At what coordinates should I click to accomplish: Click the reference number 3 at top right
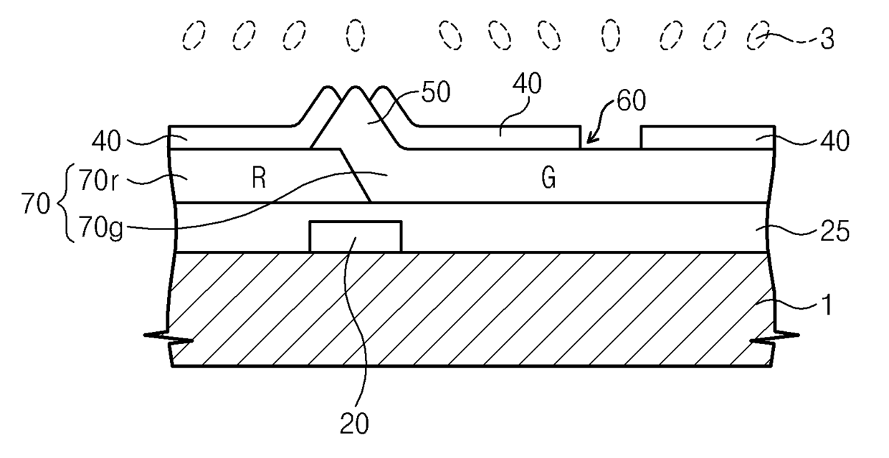click(827, 39)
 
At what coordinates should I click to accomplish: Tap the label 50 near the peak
click(436, 92)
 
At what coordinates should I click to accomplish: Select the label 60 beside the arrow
click(632, 101)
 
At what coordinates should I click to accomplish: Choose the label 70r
click(98, 181)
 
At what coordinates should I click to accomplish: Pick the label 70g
click(101, 228)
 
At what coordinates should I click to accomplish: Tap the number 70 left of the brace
click(36, 204)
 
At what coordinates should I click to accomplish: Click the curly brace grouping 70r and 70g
click(67, 203)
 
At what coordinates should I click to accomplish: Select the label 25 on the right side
click(835, 232)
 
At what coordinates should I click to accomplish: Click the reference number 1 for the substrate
click(827, 305)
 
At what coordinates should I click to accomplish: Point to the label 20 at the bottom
click(354, 424)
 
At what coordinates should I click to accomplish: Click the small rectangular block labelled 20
click(356, 237)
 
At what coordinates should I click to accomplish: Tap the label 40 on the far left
click(106, 141)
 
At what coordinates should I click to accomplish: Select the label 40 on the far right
click(835, 141)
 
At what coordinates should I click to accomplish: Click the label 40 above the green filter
click(527, 84)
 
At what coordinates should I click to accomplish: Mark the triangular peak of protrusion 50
click(354, 87)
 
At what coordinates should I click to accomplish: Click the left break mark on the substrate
click(168, 338)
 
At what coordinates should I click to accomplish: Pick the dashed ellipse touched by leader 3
click(757, 35)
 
